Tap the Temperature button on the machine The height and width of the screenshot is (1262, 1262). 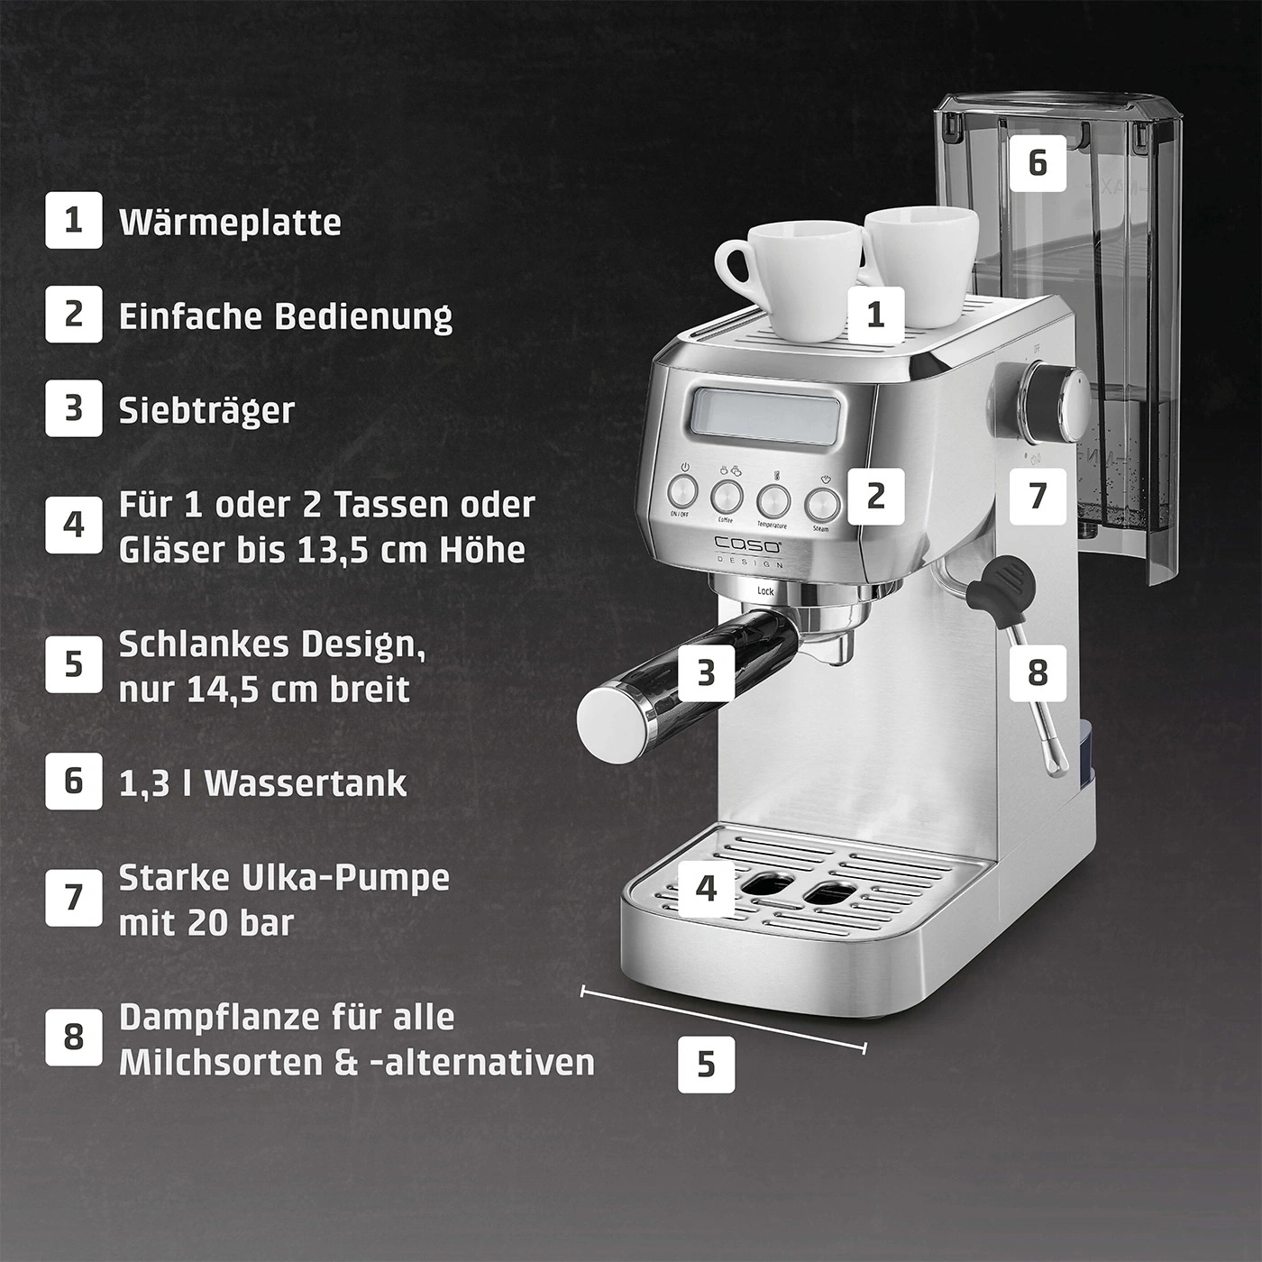point(773,500)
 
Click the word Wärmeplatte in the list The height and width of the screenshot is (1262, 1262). point(230,222)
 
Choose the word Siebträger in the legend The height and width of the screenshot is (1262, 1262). point(206,410)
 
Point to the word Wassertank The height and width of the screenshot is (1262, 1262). point(306,783)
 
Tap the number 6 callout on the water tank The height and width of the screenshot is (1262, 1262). point(1038,163)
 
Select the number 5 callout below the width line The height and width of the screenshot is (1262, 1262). point(706,1064)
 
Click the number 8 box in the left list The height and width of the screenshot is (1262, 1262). point(74,1038)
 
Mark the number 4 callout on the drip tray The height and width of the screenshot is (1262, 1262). point(707,888)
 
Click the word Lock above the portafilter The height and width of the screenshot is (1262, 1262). point(765,591)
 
